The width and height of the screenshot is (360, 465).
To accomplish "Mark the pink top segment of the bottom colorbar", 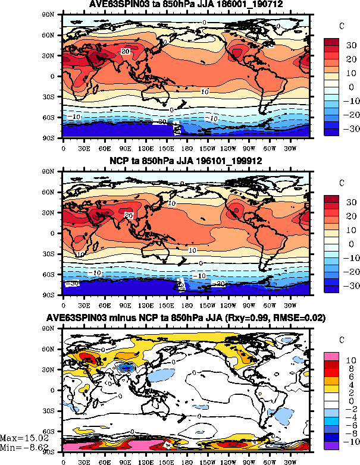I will click(332, 356).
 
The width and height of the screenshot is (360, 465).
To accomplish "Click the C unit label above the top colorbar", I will click(342, 26).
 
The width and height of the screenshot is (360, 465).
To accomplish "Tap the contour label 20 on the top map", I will click(125, 52).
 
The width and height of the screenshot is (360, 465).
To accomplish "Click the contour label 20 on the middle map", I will click(127, 215).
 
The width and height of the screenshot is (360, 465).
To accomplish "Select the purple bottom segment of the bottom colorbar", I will click(332, 446).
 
